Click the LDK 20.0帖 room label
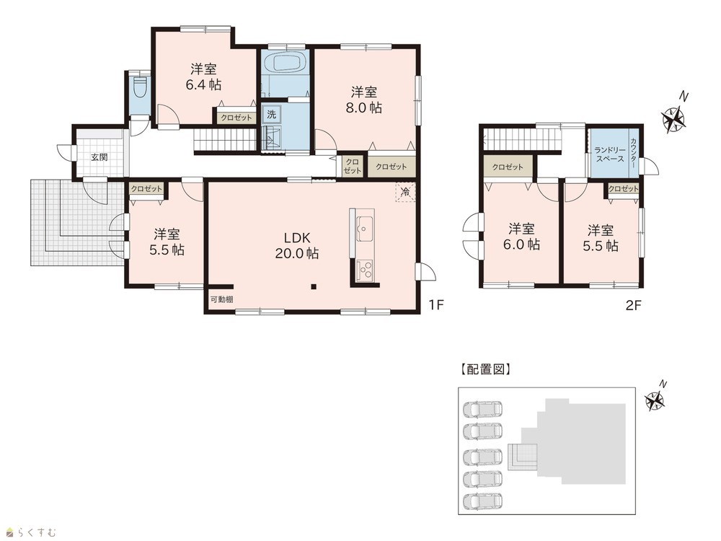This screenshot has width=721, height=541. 296,245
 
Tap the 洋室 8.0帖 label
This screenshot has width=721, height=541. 363,100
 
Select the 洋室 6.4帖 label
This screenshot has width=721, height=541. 203,77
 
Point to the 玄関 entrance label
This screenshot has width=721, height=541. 99,157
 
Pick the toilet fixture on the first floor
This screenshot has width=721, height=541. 139,87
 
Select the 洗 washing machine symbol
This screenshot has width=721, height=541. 272,114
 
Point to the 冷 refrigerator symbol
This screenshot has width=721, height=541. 405,192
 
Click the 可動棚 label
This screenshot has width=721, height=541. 221,299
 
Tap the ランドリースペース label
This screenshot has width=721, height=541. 610,154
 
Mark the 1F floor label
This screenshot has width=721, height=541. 436,304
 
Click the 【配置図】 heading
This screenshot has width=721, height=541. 485,369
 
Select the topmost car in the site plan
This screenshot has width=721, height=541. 482,409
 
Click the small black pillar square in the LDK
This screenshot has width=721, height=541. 314,288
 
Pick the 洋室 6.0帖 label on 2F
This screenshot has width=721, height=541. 521,237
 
